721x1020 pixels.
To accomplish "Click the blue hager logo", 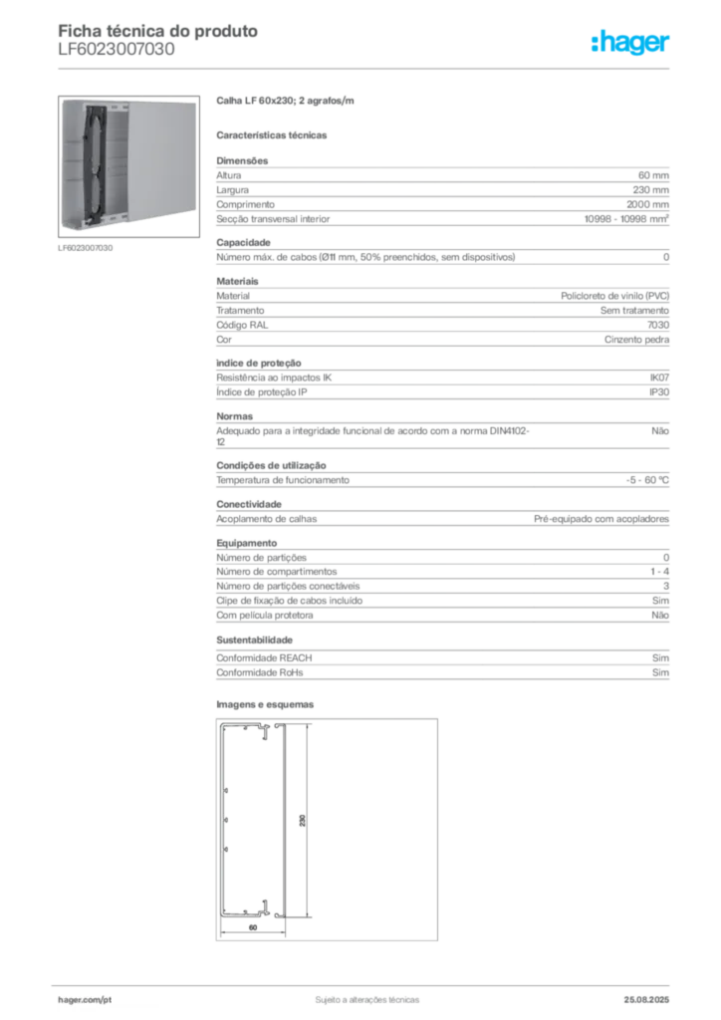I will [631, 43].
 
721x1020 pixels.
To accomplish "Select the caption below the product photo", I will [88, 248].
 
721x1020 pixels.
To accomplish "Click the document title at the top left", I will [159, 31].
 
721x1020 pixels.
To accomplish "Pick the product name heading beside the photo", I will [287, 102].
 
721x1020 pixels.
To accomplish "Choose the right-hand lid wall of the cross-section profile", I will [283, 819].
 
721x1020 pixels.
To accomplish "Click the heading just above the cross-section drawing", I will [267, 700].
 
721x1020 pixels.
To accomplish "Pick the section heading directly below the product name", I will [274, 133].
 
